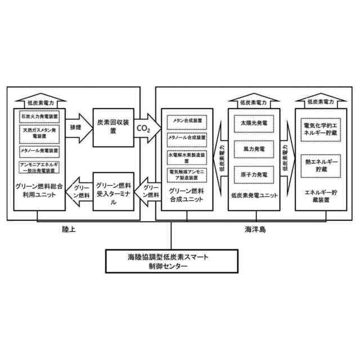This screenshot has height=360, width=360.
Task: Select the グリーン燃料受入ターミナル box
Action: pyautogui.click(x=114, y=192)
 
